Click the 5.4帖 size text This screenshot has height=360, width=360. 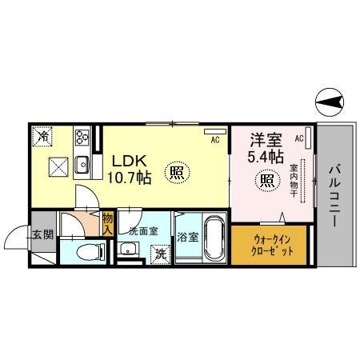(x=265, y=156)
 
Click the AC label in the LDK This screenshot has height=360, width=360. (x=215, y=140)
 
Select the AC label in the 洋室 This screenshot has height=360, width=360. (x=299, y=138)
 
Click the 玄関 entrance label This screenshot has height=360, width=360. (x=43, y=234)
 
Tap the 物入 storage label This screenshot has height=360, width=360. (x=107, y=223)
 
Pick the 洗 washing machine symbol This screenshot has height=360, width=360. (x=160, y=254)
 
